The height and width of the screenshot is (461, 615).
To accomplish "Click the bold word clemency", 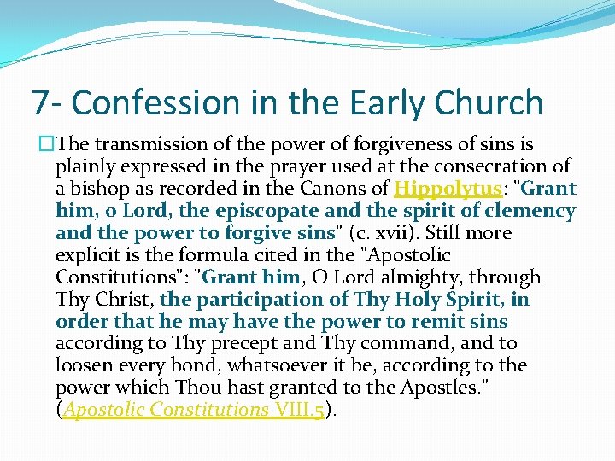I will (x=528, y=211).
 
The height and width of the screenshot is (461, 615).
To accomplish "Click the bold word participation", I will (x=253, y=300).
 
